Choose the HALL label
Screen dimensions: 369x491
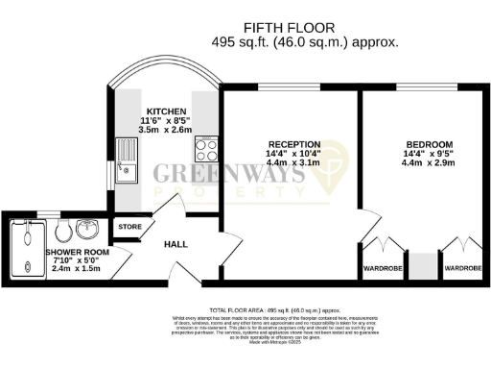coord(175,244)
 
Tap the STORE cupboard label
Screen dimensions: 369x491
coord(129,227)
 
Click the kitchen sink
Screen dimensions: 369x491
coord(125,160)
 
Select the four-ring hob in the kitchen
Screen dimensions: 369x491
coord(206,150)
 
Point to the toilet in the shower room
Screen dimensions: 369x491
coord(60,232)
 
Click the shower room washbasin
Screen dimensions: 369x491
coord(87,231)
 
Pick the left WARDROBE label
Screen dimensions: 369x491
coord(382,268)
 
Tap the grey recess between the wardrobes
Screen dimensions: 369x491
coord(422,265)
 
